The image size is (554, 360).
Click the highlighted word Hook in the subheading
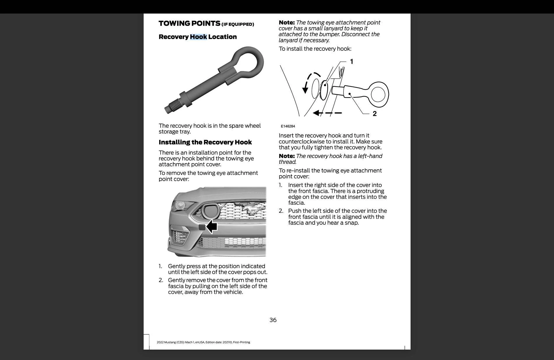point(198,37)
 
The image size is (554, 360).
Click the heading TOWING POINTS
point(189,23)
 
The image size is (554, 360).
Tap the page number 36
point(273,320)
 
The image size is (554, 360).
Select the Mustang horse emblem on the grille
point(249,209)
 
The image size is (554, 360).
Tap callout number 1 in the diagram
point(352,62)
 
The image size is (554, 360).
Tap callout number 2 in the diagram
point(375,114)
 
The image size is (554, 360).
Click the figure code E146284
point(288,126)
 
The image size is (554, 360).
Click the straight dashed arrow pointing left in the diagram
point(327,113)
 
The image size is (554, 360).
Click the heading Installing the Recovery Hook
point(205,142)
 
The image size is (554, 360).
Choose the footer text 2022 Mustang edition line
point(203,342)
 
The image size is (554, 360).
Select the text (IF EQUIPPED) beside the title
point(238,24)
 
